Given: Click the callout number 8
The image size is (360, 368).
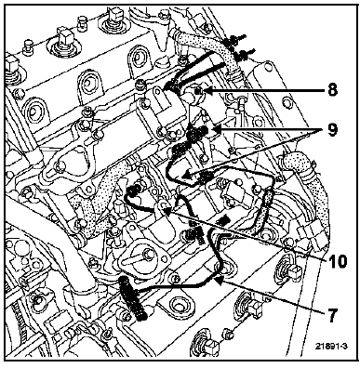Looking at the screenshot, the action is click(x=331, y=90).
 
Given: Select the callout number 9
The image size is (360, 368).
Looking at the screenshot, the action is click(x=331, y=130).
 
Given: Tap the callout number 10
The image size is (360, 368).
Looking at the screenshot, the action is click(x=336, y=262).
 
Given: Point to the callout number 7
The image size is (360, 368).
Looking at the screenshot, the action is click(x=331, y=316).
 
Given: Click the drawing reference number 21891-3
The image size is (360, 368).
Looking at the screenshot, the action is click(x=331, y=346).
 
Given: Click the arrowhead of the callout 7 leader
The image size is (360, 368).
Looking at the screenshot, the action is click(x=220, y=281).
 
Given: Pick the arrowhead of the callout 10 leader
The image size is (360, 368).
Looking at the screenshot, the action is click(x=167, y=212).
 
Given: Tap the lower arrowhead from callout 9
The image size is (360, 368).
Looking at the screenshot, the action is click(x=186, y=176).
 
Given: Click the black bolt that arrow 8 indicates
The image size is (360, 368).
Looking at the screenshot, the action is click(x=197, y=90).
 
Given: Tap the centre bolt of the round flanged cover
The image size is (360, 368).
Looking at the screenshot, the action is click(x=148, y=254).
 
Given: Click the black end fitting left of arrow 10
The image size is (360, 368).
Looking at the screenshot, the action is click(x=133, y=191).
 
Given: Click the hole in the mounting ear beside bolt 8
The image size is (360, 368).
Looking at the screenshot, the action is click(x=156, y=90).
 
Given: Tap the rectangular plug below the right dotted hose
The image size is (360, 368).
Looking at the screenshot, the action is click(x=312, y=236).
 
